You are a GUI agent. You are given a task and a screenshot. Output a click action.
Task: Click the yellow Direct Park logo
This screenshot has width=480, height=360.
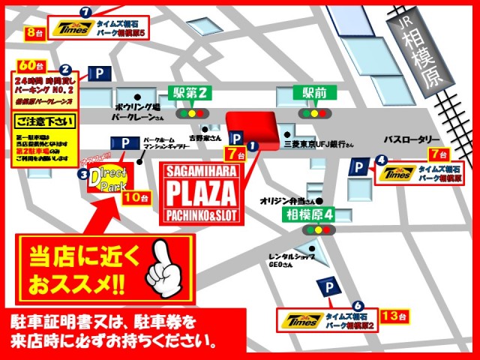point(109,178)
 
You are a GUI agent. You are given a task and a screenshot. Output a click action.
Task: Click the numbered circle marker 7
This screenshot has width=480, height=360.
point(85,13)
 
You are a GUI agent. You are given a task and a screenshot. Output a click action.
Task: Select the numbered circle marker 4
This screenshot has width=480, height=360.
point(382,159)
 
